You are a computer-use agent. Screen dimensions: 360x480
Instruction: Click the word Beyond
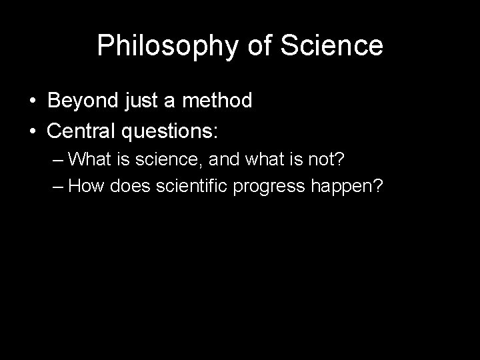click(x=83, y=101)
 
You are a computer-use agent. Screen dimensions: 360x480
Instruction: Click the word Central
click(x=83, y=131)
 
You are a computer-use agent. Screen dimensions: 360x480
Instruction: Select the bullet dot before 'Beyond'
click(x=32, y=101)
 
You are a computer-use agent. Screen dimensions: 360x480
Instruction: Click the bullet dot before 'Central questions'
click(x=32, y=131)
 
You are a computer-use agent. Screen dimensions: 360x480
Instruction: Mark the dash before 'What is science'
click(x=58, y=160)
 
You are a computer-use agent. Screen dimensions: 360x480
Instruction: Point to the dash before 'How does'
click(x=58, y=186)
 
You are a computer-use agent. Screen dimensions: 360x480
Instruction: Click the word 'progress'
click(x=271, y=187)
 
